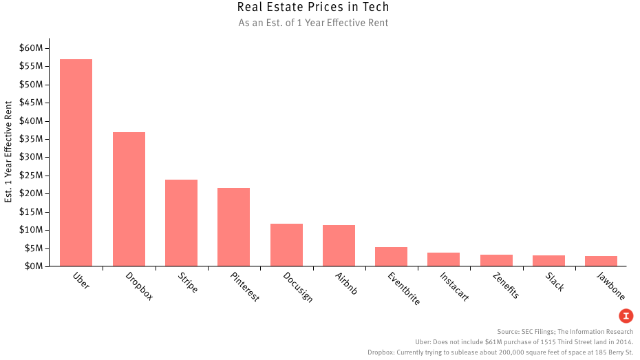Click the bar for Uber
tap(76, 162)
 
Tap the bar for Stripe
tap(181, 222)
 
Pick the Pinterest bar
tap(233, 226)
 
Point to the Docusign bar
tap(286, 244)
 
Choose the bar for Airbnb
tap(339, 245)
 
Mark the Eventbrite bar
tap(391, 256)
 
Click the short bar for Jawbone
tap(601, 261)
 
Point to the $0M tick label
tap(33, 266)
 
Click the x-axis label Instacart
tap(454, 286)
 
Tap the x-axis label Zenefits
tap(506, 285)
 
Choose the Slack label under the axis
tap(555, 281)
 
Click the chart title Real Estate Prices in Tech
tap(313, 8)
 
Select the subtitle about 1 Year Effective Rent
tap(313, 23)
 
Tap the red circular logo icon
tap(626, 316)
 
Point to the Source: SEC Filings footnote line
tap(565, 332)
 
